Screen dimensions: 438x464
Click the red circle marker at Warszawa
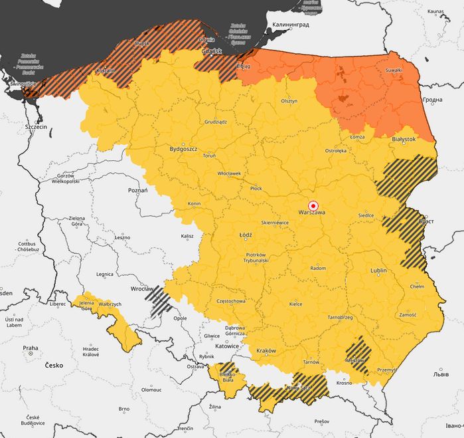(314, 205)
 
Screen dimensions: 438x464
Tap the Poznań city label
(137, 190)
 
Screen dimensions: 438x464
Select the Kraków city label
(266, 350)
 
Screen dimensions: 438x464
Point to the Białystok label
(404, 139)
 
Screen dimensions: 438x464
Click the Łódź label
(246, 235)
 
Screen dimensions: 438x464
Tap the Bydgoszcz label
(184, 149)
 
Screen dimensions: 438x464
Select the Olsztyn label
(289, 101)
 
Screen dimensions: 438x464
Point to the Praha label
(31, 348)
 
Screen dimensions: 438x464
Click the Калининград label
(289, 25)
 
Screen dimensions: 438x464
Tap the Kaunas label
(436, 11)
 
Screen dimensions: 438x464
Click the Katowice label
(227, 346)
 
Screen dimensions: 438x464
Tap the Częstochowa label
(231, 301)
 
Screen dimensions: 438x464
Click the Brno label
(123, 409)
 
